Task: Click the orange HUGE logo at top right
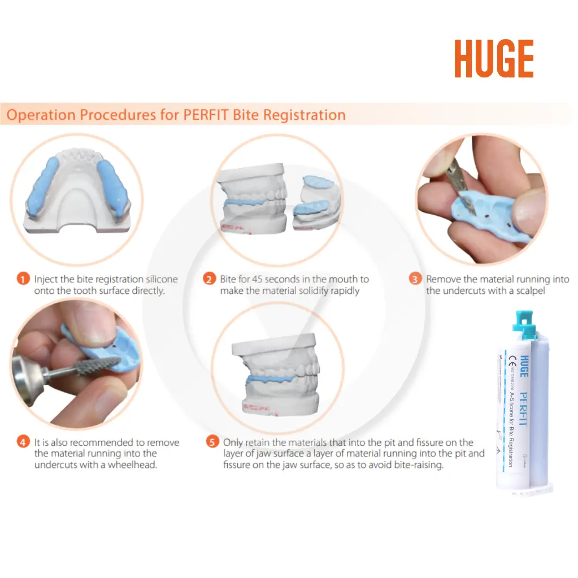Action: [x=494, y=59]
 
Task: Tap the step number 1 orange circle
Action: [x=23, y=279]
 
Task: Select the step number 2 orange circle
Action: [x=209, y=279]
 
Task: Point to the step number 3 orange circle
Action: [x=415, y=279]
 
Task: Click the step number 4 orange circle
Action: [x=23, y=442]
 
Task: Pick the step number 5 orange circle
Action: [x=212, y=442]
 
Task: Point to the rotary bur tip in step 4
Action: [x=104, y=363]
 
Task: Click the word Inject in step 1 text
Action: [x=45, y=279]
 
